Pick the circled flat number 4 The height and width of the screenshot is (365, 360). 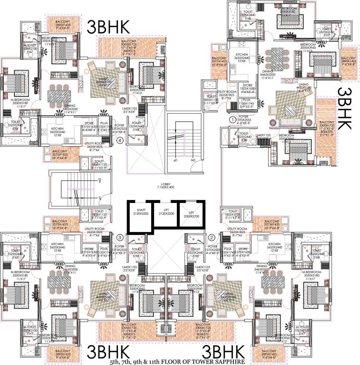[120, 140]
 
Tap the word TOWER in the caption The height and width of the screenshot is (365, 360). [201, 362]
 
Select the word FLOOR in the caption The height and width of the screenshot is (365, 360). [176, 362]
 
